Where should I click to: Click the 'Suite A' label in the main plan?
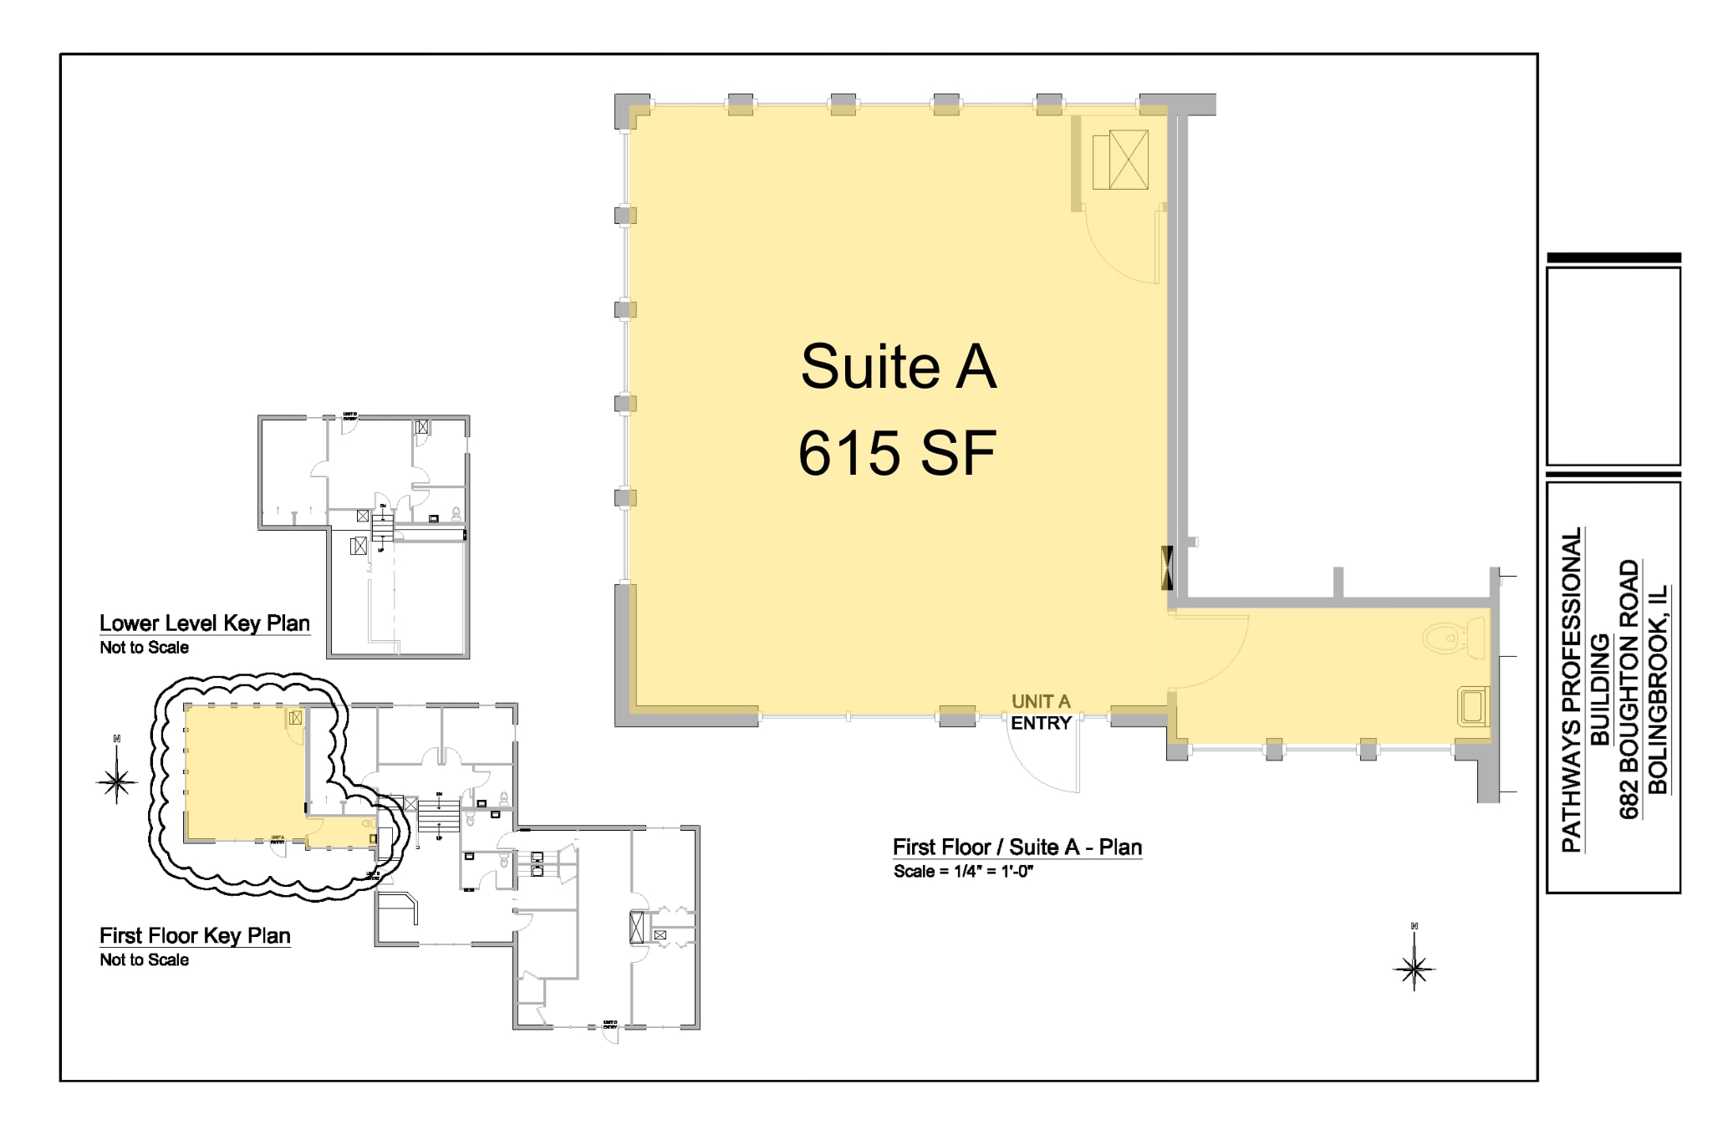(x=899, y=366)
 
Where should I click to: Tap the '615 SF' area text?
(x=897, y=454)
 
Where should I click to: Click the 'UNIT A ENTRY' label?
(x=1041, y=712)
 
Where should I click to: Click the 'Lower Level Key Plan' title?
(x=205, y=624)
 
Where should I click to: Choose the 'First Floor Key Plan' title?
(x=195, y=936)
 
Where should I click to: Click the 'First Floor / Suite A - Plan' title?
(x=1016, y=847)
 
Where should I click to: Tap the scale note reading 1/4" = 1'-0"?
(x=964, y=872)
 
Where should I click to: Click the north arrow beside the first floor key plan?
(x=117, y=781)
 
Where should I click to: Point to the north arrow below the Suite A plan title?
(x=1414, y=968)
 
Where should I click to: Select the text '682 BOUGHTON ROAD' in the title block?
(x=1629, y=689)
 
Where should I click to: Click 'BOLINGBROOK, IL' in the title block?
(x=1657, y=689)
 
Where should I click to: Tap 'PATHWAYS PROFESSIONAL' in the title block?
(x=1572, y=689)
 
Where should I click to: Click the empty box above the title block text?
(x=1613, y=366)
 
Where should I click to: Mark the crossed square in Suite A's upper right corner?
(x=1129, y=160)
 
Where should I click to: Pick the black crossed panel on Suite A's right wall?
(x=1167, y=567)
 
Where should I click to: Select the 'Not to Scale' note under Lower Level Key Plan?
(x=144, y=648)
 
